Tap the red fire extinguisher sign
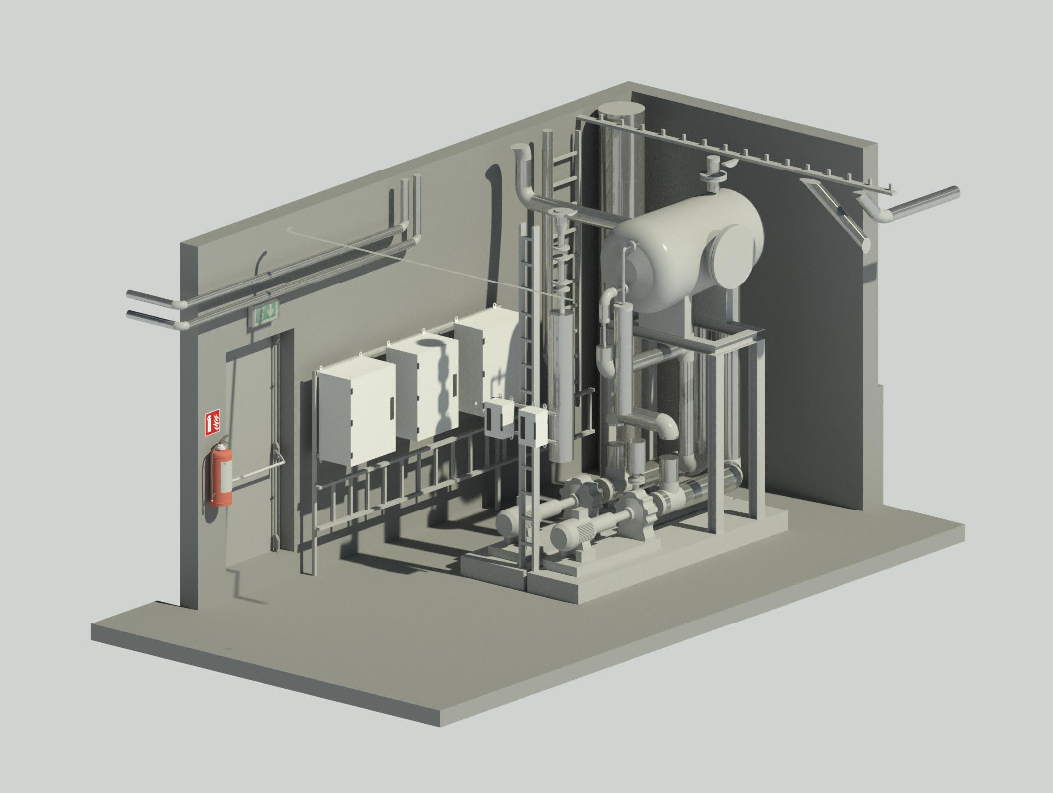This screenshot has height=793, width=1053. (212, 423)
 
